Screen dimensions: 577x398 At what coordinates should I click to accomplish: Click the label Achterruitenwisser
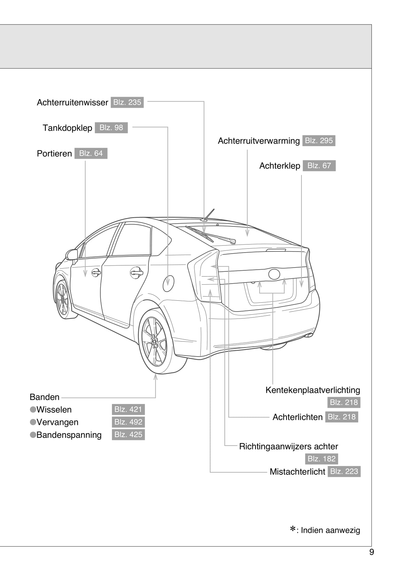pyautogui.click(x=72, y=103)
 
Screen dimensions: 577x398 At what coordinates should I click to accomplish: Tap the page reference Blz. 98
pyautogui.click(x=111, y=128)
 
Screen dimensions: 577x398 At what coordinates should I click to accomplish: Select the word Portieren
pyautogui.click(x=54, y=153)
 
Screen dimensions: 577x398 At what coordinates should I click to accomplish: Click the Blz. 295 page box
pyautogui.click(x=319, y=141)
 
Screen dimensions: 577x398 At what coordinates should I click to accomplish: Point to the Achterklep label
pyautogui.click(x=280, y=166)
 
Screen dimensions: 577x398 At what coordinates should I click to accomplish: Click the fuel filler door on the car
pyautogui.click(x=168, y=283)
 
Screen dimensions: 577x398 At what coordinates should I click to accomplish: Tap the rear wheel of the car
pyautogui.click(x=155, y=342)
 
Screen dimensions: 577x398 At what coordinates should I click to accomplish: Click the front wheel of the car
pyautogui.click(x=63, y=299)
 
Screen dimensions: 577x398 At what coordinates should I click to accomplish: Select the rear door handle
pyautogui.click(x=136, y=272)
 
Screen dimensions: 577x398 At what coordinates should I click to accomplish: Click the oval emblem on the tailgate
pyautogui.click(x=274, y=274)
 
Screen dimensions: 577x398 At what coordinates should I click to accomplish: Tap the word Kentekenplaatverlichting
pyautogui.click(x=313, y=390)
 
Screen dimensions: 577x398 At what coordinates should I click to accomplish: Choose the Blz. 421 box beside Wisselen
pyautogui.click(x=128, y=410)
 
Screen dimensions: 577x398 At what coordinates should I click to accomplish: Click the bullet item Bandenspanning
pyautogui.click(x=69, y=435)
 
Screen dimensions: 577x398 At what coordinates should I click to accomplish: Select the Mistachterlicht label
pyautogui.click(x=297, y=472)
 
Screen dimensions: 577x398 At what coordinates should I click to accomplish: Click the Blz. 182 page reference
pyautogui.click(x=321, y=459)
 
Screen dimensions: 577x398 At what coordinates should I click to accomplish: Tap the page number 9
pyautogui.click(x=372, y=552)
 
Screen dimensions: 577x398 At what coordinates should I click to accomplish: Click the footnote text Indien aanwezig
pyautogui.click(x=330, y=530)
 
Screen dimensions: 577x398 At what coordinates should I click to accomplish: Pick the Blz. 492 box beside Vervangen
pyautogui.click(x=128, y=422)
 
